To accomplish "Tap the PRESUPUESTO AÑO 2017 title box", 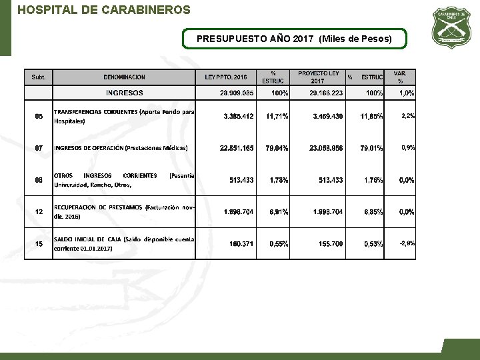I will click(294, 39).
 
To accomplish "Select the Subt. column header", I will click(39, 77).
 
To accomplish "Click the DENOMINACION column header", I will click(124, 77).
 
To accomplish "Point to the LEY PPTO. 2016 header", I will click(225, 77).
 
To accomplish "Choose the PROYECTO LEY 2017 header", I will click(318, 77).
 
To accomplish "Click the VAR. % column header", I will click(400, 77).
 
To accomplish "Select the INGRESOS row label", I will click(124, 93).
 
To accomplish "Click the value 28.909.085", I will click(237, 93).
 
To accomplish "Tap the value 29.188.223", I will click(326, 93).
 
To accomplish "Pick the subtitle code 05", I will click(39, 117).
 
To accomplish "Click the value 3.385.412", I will click(239, 116).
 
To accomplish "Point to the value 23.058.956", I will click(326, 148).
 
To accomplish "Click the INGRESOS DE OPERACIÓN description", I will click(121, 148).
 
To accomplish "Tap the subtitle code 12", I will click(39, 212).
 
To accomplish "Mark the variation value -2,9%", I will click(406, 243).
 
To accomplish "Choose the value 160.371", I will click(241, 244).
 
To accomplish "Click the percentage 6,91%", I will click(279, 212).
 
